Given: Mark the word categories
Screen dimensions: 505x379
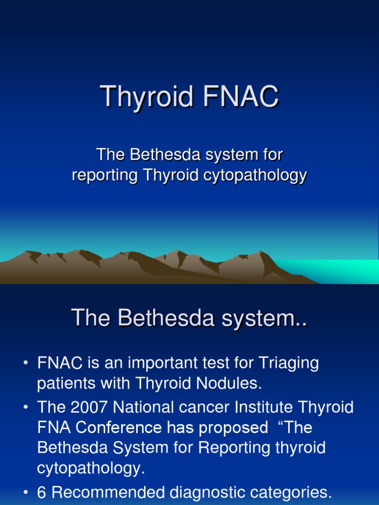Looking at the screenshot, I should (295, 492).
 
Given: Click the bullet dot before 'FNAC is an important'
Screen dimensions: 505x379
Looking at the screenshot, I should (26, 364).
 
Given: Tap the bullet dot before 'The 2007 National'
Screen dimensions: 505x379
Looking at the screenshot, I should (26, 407).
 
